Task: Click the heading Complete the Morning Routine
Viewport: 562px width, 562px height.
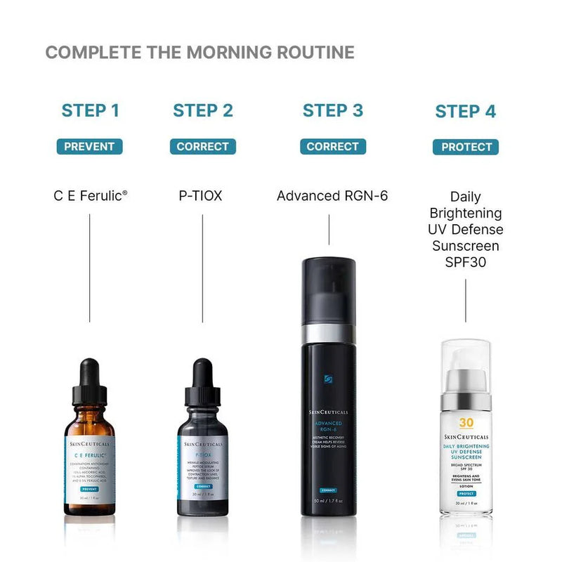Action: pyautogui.click(x=200, y=53)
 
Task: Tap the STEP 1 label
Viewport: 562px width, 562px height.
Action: pyautogui.click(x=90, y=110)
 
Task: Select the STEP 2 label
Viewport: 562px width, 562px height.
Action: pyautogui.click(x=203, y=110)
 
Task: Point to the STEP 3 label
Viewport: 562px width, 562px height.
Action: pyautogui.click(x=333, y=110)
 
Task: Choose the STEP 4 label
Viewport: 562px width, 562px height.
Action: pyautogui.click(x=465, y=111)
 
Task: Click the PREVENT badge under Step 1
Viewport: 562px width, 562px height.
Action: pyautogui.click(x=90, y=147)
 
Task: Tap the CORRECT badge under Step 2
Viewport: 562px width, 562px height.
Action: pyautogui.click(x=203, y=147)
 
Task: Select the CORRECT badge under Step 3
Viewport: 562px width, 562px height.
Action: pyautogui.click(x=333, y=147)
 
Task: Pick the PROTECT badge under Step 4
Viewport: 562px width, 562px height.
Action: pyautogui.click(x=465, y=147)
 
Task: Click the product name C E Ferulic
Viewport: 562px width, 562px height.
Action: pyautogui.click(x=90, y=195)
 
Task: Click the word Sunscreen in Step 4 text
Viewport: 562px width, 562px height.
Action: pyautogui.click(x=466, y=246)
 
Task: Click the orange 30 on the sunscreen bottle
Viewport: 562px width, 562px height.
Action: pyautogui.click(x=465, y=423)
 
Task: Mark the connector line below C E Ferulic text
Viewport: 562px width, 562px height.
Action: pyautogui.click(x=90, y=267)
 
